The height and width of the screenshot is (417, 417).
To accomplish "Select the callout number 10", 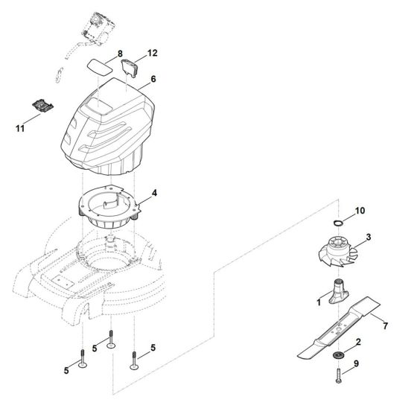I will pyautogui.click(x=360, y=211).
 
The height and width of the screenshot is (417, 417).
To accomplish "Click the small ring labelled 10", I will pyautogui.click(x=337, y=221).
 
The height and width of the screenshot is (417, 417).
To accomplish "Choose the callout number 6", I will pyautogui.click(x=153, y=77).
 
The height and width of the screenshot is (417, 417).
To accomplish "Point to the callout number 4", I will pyautogui.click(x=154, y=193).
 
